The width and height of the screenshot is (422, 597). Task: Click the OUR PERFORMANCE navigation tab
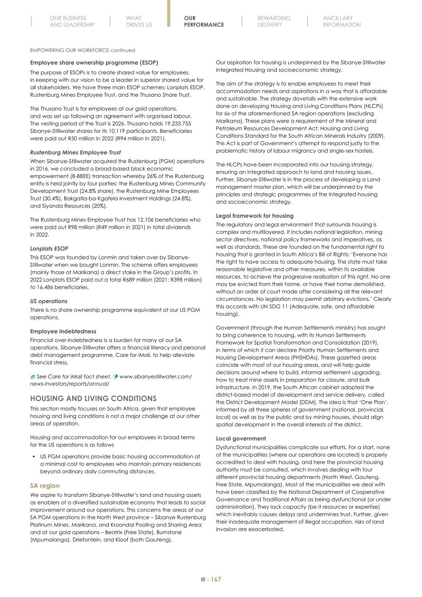click(203, 21)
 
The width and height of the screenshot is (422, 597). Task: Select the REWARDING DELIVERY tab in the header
click(274, 21)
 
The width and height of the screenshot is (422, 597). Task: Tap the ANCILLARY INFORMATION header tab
click(342, 21)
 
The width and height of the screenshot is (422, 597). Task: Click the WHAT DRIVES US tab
click(139, 21)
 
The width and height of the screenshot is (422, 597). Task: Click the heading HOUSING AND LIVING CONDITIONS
click(93, 398)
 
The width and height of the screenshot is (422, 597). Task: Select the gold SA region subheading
click(45, 485)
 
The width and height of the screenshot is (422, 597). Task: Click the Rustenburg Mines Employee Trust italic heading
click(75, 152)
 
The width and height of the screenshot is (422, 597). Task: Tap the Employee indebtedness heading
click(63, 331)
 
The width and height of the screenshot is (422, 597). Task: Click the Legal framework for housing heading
click(255, 216)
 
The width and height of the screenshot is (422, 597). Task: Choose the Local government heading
click(241, 438)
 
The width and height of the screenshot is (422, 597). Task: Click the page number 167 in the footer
click(216, 580)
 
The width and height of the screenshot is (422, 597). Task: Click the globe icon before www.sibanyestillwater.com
click(115, 377)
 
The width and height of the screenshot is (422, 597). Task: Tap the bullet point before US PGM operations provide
click(34, 457)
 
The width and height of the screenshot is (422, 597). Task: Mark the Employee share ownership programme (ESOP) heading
click(94, 63)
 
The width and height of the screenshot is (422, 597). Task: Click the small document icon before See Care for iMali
click(33, 377)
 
